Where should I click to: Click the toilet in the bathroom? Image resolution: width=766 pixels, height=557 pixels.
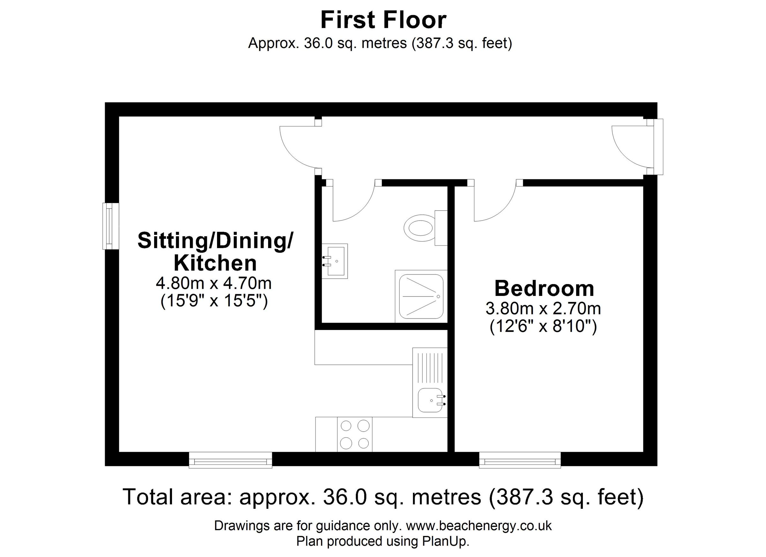(x=424, y=228)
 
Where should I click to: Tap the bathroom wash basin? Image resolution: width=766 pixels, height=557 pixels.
(x=334, y=261)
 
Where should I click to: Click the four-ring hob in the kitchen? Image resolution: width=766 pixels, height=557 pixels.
(x=355, y=434)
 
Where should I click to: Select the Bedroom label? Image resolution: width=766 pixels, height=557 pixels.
(x=544, y=289)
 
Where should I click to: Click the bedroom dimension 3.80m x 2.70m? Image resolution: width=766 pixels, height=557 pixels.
(x=543, y=308)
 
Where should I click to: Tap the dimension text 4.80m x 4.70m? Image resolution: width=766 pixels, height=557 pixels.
(x=214, y=283)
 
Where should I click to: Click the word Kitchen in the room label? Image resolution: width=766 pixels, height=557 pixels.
(x=215, y=263)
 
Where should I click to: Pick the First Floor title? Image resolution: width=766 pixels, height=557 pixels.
(x=383, y=20)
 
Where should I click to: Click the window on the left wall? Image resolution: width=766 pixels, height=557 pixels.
(x=110, y=226)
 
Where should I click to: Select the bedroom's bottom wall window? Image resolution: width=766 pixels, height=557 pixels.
(x=520, y=461)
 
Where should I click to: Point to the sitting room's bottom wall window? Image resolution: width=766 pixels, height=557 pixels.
(x=230, y=461)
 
